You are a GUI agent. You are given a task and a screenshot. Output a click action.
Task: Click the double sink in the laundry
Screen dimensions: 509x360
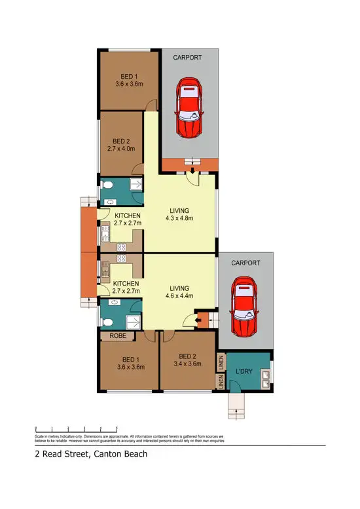[266, 378]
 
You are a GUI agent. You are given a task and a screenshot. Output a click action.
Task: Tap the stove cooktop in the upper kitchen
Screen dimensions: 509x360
[120, 248]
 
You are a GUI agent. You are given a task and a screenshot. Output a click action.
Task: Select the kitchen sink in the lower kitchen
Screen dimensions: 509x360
[103, 269]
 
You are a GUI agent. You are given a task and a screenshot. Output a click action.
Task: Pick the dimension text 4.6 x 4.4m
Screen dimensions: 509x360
[179, 296]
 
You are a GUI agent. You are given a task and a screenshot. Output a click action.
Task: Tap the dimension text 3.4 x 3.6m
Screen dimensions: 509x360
[187, 364]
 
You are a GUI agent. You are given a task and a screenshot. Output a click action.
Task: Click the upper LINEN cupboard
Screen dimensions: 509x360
[222, 361]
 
